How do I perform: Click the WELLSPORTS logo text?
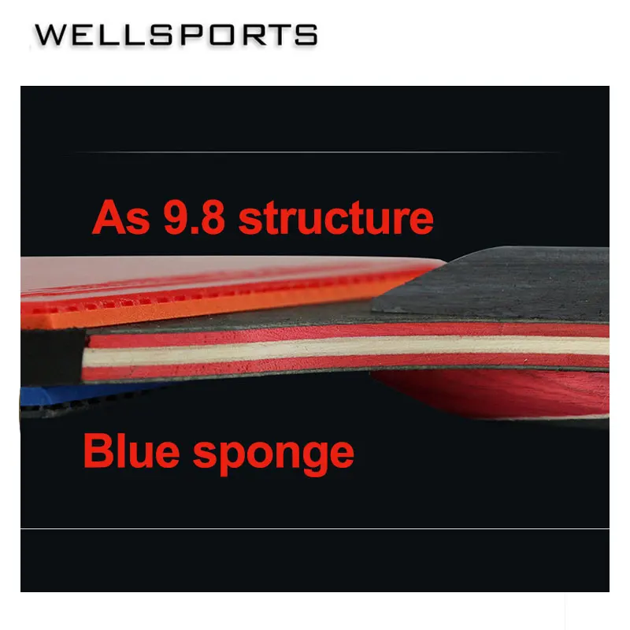(176, 35)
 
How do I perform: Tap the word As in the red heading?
(120, 217)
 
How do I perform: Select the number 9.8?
(195, 217)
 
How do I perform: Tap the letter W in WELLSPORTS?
(49, 35)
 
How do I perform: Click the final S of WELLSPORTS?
(307, 35)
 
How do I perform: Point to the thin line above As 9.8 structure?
(315, 152)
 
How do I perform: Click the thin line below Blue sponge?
(315, 529)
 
